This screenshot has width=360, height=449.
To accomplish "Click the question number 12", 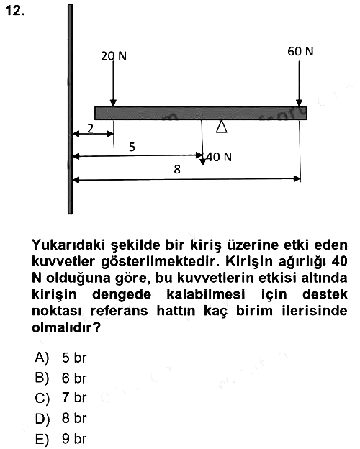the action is point(14,11).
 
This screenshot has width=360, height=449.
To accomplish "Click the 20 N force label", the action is point(114,56).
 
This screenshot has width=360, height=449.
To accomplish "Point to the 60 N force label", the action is point(300,52).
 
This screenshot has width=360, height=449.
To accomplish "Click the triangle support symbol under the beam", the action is point(221,127).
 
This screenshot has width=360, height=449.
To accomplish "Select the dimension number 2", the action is point(90,129).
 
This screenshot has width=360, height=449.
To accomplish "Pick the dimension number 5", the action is point(132,147).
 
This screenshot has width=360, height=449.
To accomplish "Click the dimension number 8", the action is point(177,169).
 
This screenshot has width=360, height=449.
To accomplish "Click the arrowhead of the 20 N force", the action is point(113,103).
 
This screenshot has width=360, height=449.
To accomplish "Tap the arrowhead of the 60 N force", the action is point(299,103).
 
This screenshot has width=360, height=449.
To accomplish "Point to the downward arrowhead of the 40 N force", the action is point(202,162).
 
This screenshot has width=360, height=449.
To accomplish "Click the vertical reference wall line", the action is point(70,109).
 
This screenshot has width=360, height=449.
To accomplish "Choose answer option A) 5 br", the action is point(60,358).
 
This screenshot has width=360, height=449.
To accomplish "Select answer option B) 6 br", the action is point(60,378).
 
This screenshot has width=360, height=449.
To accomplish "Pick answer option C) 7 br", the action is point(60,398).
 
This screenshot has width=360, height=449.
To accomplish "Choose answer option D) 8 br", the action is point(60,418).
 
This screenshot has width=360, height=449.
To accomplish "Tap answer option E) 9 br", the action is point(60,439).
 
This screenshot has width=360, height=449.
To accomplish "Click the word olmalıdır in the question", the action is point(63,327).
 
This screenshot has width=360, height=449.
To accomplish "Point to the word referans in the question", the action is point(119,311).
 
